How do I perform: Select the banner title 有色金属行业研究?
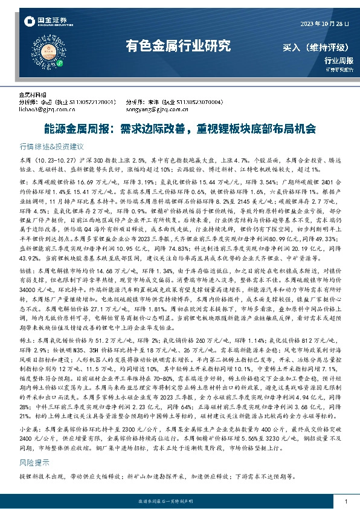tap(178, 45)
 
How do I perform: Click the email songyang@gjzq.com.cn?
tap(153, 110)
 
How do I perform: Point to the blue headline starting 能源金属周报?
tap(180, 129)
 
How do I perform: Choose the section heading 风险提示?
tap(34, 446)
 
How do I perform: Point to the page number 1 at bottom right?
tap(345, 502)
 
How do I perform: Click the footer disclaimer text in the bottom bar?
tap(179, 502)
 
